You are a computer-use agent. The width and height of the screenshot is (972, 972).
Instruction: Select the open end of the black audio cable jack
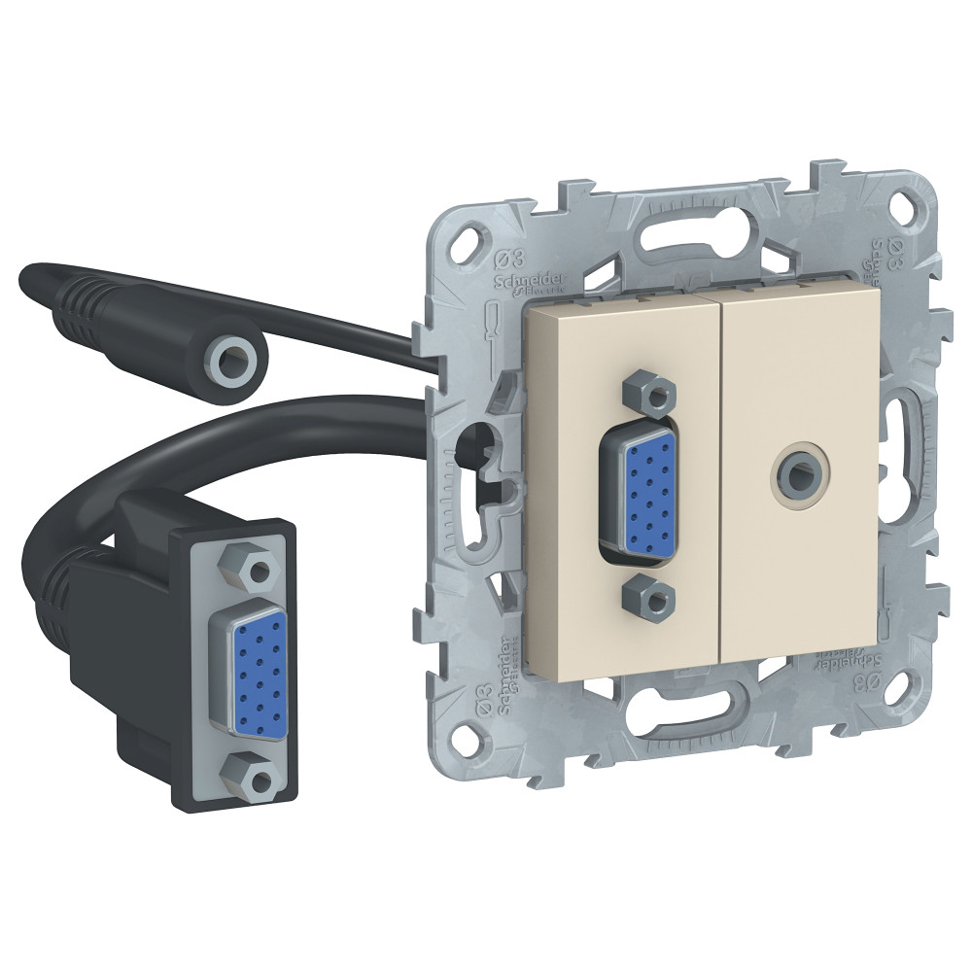click(230, 360)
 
